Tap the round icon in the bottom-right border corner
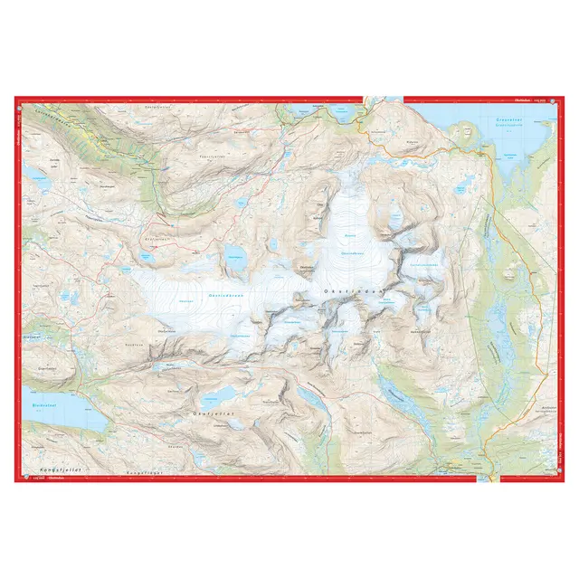click(561, 479)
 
